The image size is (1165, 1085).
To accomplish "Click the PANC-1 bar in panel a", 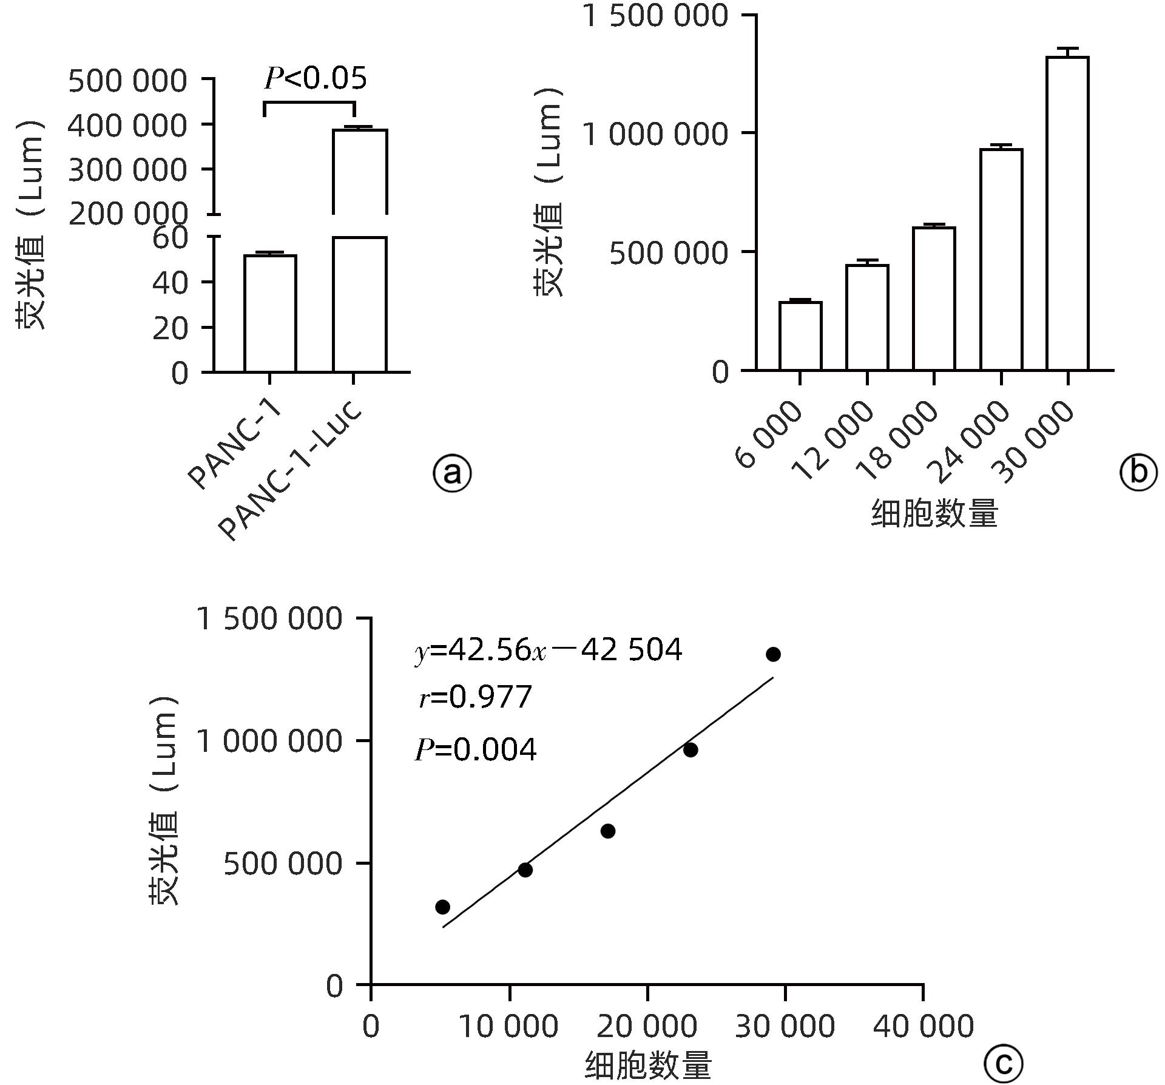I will [270, 313].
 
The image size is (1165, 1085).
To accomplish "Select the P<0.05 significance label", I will [316, 79].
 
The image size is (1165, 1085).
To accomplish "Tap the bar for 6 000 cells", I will [800, 336].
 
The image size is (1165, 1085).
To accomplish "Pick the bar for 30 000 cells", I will [1067, 214].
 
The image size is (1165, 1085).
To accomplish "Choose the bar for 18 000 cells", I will [934, 299].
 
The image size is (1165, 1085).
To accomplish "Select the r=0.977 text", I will [475, 697].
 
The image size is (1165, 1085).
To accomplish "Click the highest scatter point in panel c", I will [773, 654].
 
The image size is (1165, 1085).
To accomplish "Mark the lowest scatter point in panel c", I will [442, 907].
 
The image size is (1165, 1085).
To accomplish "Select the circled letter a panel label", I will [452, 473].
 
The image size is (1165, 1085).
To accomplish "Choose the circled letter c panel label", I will [1003, 1063].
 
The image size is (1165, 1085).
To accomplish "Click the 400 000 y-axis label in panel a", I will [127, 126].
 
